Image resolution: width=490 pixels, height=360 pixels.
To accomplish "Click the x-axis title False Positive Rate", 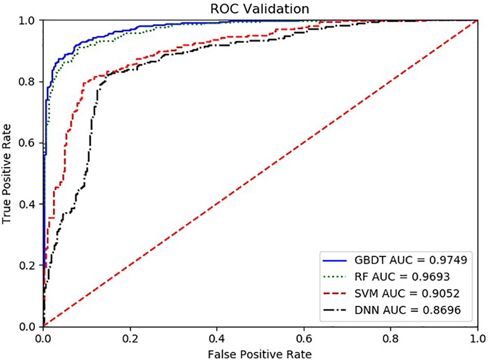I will tap(260, 354).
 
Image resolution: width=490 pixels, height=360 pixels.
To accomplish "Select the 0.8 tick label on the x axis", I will tap(390, 338).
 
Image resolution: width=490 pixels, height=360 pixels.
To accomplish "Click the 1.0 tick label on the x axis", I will tap(477, 338).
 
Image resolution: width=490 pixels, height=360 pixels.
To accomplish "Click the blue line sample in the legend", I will tap(335, 260).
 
